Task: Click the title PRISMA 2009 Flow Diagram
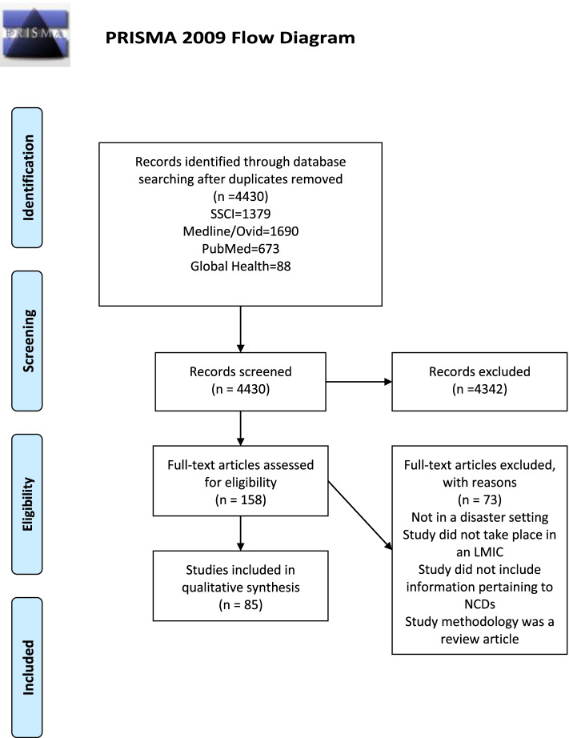click(230, 38)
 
